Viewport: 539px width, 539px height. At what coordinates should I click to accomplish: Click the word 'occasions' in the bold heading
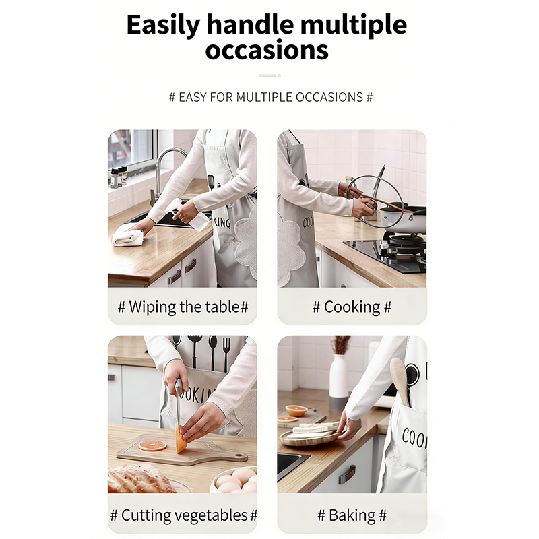(267, 50)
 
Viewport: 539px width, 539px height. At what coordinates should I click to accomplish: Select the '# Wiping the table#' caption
(183, 307)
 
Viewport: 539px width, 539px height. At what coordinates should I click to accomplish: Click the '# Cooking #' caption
(352, 307)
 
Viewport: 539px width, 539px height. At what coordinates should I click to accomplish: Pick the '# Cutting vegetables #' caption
(183, 515)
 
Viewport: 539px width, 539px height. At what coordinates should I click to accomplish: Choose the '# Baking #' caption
(352, 515)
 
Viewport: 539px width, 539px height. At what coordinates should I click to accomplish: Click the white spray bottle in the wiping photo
(187, 215)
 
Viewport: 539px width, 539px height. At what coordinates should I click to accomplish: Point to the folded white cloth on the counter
(128, 237)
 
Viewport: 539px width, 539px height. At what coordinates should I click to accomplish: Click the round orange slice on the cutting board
(152, 445)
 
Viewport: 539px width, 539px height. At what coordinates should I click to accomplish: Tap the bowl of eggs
(235, 480)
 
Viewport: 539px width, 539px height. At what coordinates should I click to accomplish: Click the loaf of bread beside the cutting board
(139, 479)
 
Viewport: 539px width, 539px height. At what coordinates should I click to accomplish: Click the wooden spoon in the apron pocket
(400, 380)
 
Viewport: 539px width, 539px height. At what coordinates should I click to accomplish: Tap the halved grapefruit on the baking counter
(296, 410)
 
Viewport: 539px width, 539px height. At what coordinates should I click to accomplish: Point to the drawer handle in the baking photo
(346, 474)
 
